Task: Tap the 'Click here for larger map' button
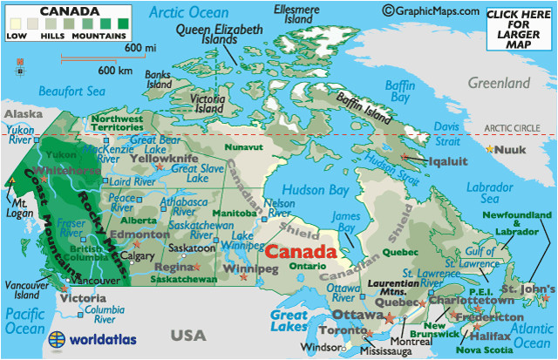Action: [x=521, y=27]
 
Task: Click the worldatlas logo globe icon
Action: [x=58, y=338]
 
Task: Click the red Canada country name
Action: [x=300, y=251]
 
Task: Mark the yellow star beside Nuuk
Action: [x=490, y=149]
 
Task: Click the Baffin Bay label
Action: [x=400, y=91]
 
